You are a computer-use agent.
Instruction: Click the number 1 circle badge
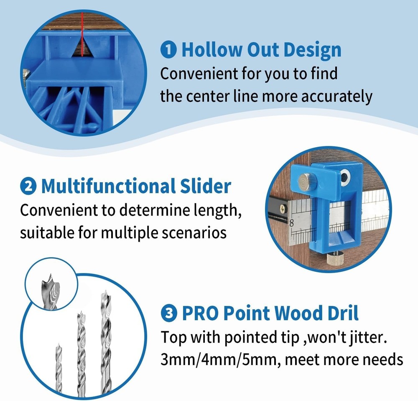click(x=168, y=50)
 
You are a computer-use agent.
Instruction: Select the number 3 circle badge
click(x=168, y=313)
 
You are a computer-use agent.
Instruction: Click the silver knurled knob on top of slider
click(x=304, y=183)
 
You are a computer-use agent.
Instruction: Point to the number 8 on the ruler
click(x=292, y=223)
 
